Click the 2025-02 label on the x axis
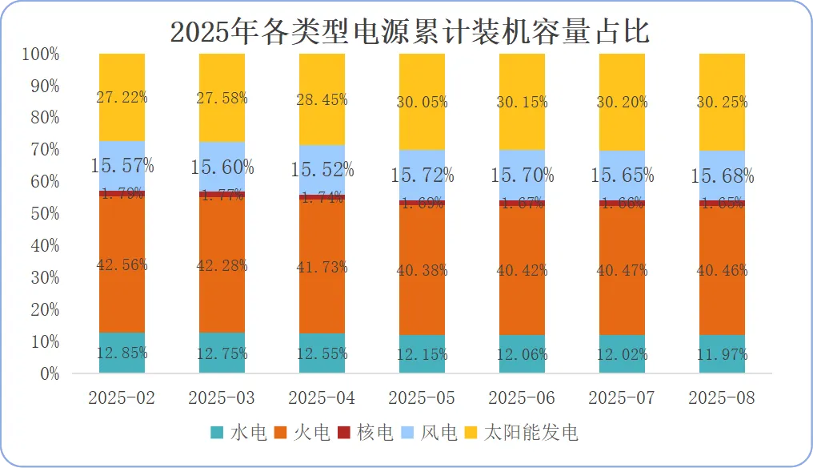tap(122, 398)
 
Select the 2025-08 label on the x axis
tap(722, 398)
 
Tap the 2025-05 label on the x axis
tap(422, 398)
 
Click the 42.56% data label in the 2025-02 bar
tap(122, 265)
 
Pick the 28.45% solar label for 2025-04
tap(322, 99)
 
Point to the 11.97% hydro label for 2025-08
tap(722, 354)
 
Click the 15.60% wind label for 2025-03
tap(222, 167)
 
